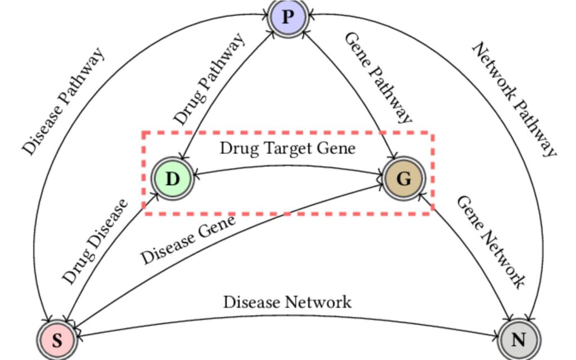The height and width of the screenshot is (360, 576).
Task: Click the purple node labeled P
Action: click(287, 16)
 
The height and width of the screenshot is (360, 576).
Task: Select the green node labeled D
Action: click(173, 179)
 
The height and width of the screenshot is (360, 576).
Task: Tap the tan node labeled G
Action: click(403, 179)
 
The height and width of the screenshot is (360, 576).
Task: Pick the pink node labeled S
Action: click(57, 340)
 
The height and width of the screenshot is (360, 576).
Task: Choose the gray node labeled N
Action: click(519, 340)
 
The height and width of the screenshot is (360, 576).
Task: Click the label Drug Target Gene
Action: click(287, 148)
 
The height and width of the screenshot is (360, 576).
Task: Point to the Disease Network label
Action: click(287, 302)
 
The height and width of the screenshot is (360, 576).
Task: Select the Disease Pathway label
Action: click(63, 101)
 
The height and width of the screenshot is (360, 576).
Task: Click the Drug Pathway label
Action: click(209, 79)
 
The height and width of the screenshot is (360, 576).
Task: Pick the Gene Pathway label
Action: click(378, 78)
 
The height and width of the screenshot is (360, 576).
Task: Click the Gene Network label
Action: click(490, 242)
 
